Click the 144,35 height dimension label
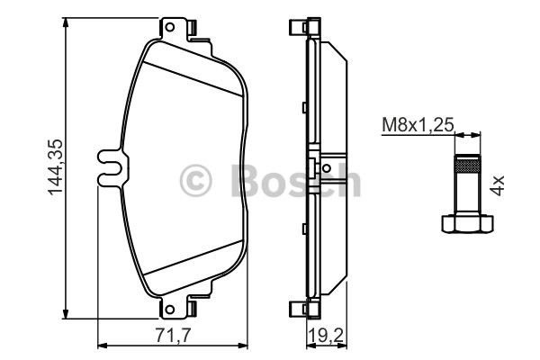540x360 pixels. pyautogui.click(x=55, y=167)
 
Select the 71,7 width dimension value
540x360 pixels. pyautogui.click(x=172, y=335)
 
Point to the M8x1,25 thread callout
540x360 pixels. pyautogui.click(x=417, y=126)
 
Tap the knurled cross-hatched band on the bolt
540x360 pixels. pyautogui.click(x=467, y=164)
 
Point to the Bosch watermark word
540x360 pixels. pyautogui.click(x=288, y=180)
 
